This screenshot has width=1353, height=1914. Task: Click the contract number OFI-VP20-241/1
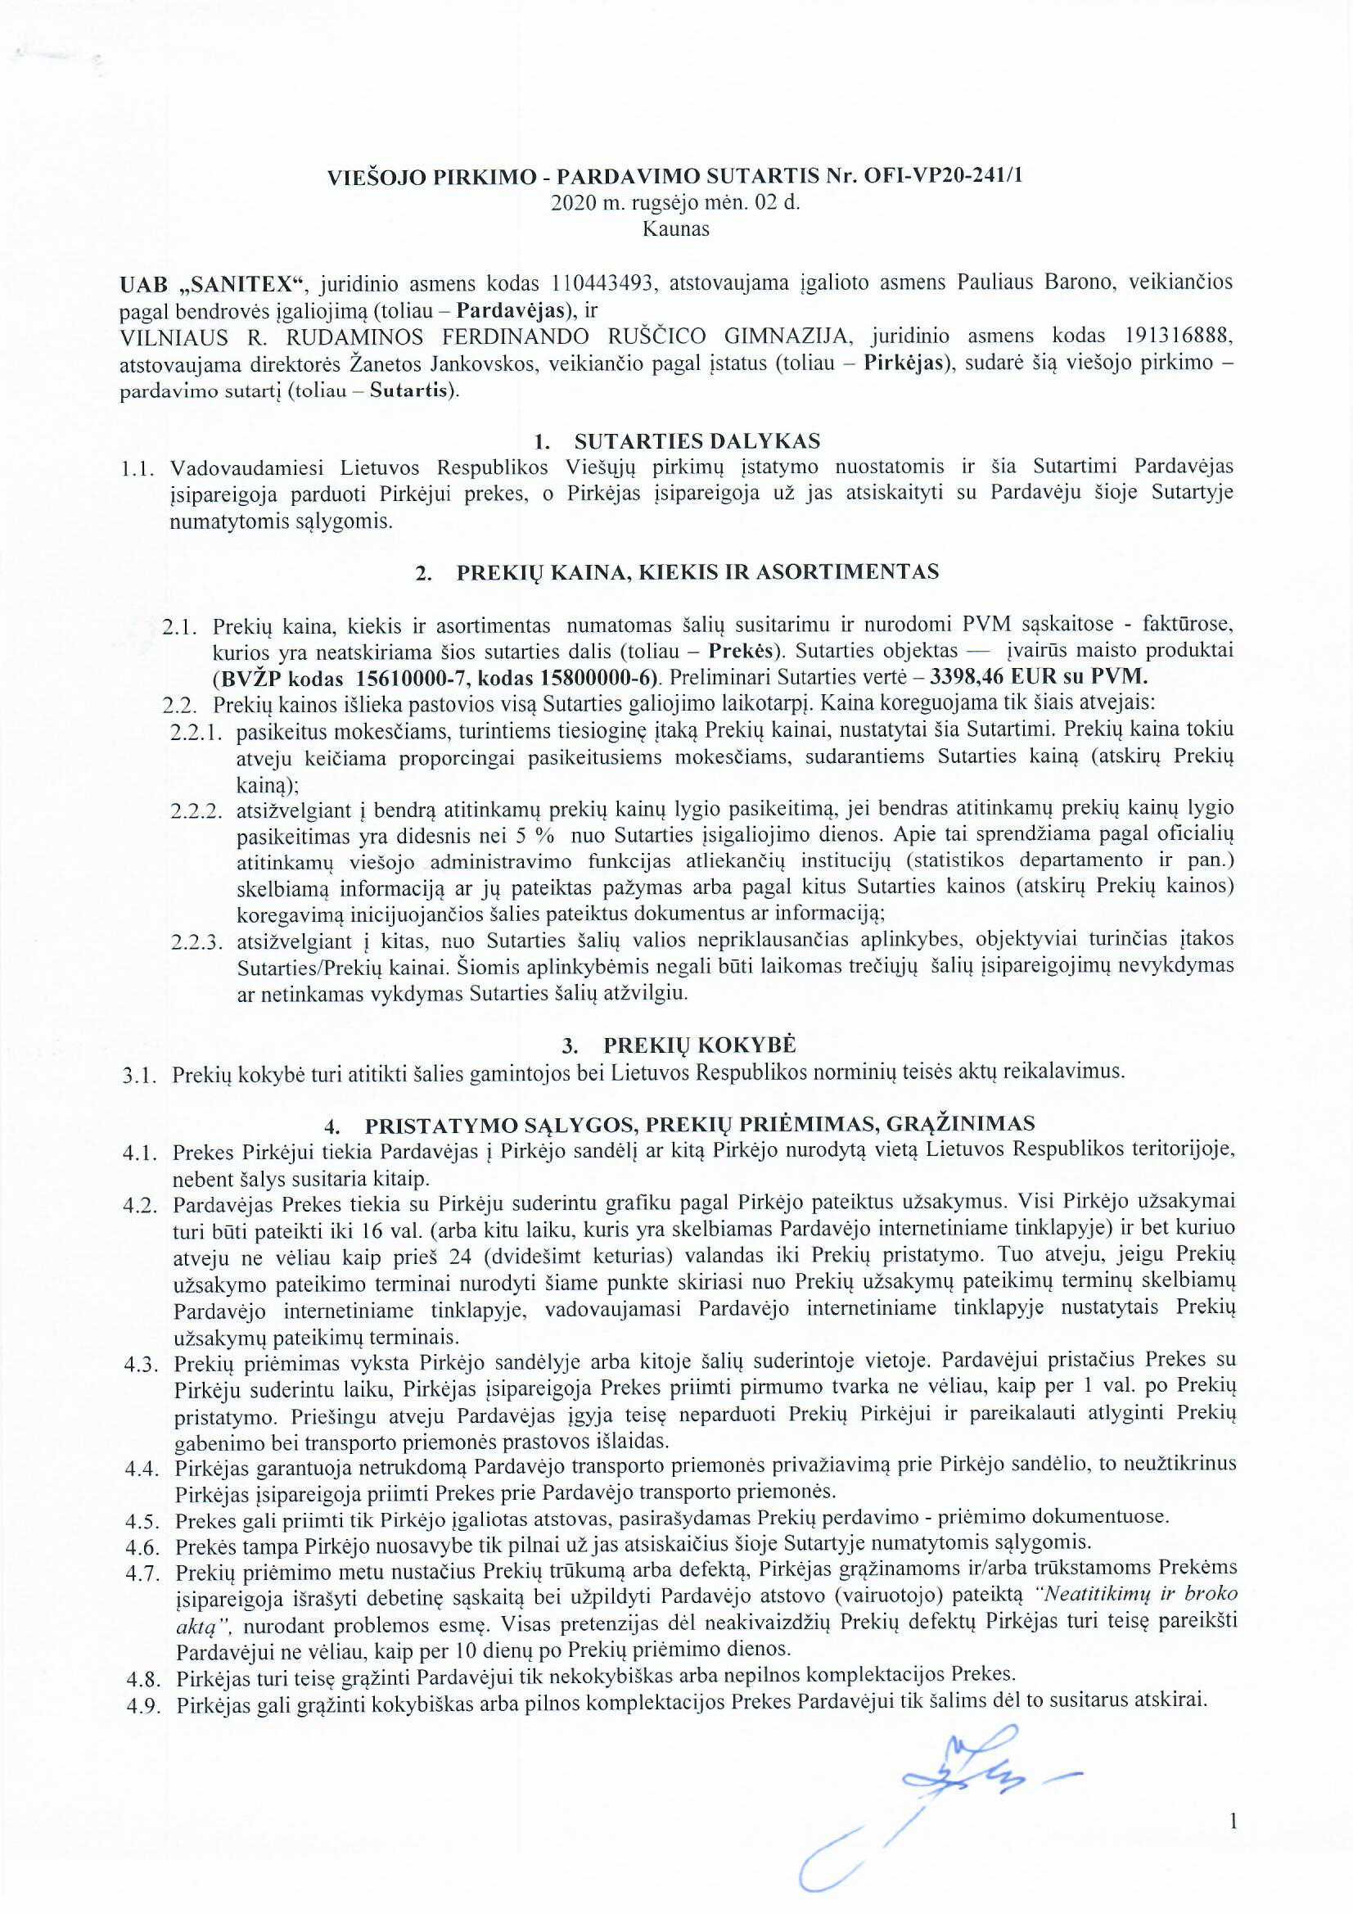coord(937,177)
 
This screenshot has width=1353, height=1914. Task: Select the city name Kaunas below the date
coord(676,229)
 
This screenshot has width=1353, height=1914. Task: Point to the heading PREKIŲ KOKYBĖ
coord(701,1045)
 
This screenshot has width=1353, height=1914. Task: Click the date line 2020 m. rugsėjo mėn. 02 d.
coord(676,202)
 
